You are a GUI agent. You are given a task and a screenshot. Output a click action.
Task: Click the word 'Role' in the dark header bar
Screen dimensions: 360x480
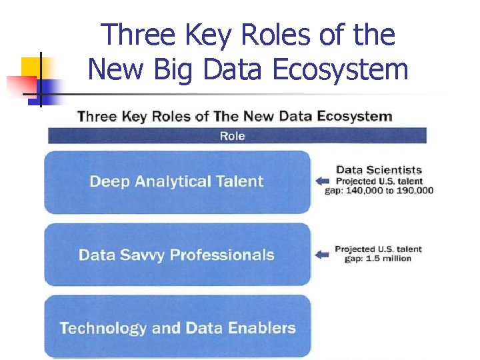coord(232,136)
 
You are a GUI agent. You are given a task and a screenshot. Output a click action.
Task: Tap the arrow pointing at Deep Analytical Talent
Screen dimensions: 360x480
coord(323,181)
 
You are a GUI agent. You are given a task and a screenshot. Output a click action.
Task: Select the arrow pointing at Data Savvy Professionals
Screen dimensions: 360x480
coord(323,254)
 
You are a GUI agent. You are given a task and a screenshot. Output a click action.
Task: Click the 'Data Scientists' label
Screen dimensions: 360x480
coord(379,170)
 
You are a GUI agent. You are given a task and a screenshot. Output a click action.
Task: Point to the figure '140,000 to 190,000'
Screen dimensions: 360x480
coord(389,191)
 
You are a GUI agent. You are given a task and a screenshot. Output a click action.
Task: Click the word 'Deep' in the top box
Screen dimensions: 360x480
coord(109,181)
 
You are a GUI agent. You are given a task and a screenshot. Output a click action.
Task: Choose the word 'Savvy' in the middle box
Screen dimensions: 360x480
coord(141,255)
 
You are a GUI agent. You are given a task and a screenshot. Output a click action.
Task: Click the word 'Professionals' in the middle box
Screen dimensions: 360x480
coord(222,255)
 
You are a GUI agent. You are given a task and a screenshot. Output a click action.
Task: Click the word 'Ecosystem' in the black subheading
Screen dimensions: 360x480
coord(355,117)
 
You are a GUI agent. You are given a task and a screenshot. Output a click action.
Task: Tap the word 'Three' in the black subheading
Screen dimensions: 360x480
coord(97,117)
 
